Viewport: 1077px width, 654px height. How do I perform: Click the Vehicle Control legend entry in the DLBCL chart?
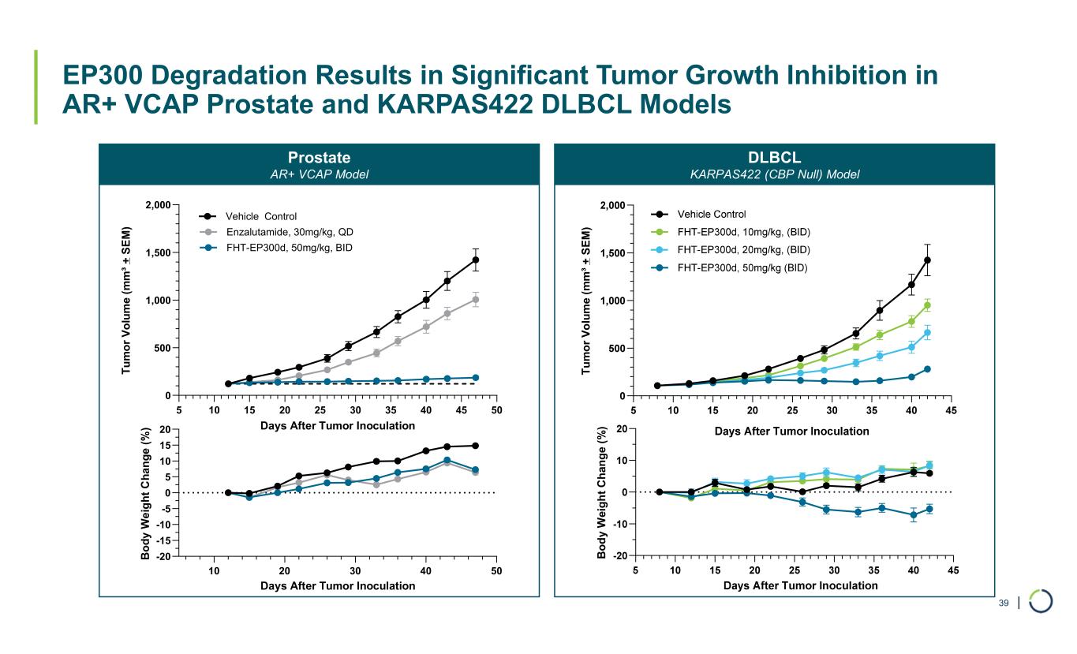[x=711, y=214]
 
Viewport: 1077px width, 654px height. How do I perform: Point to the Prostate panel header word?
[x=319, y=158]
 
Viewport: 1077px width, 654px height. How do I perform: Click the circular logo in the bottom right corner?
[x=1041, y=602]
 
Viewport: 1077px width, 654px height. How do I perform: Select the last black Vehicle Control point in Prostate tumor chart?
[x=476, y=260]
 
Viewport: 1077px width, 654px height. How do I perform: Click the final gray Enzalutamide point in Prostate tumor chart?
[x=476, y=300]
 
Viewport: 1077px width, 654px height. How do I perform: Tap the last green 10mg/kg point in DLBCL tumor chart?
[x=928, y=305]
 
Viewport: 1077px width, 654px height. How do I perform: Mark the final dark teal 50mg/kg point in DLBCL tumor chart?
[x=928, y=369]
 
